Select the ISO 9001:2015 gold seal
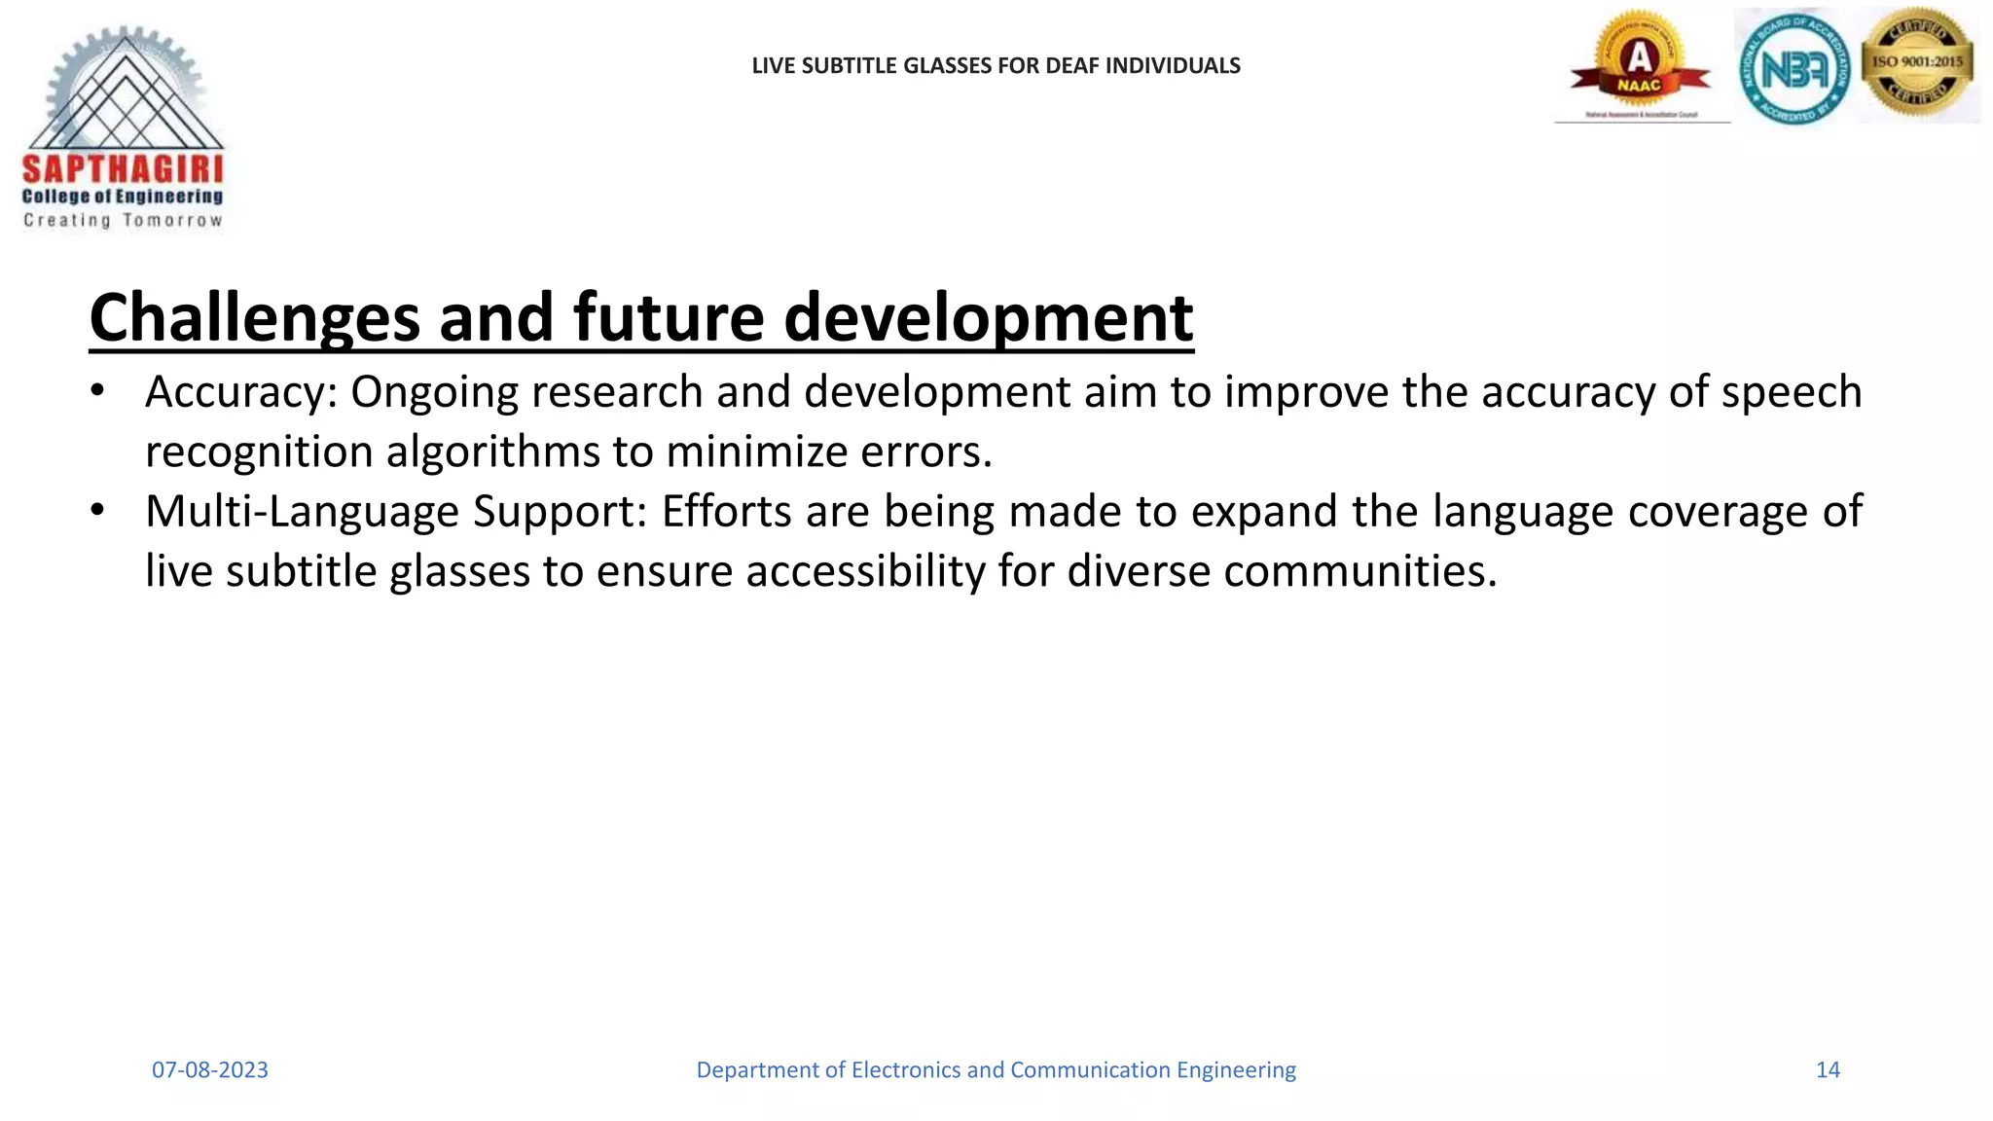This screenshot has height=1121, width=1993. [x=1917, y=62]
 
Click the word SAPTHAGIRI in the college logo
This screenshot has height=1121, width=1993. [x=123, y=169]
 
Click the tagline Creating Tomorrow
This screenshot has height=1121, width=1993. [x=123, y=221]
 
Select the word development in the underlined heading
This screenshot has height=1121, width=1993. [x=988, y=318]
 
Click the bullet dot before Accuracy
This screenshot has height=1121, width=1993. [x=96, y=391]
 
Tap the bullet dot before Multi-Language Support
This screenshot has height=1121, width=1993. [x=96, y=511]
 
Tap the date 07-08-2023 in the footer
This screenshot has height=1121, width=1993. [x=209, y=1070]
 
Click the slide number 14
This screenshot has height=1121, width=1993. [x=1828, y=1070]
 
